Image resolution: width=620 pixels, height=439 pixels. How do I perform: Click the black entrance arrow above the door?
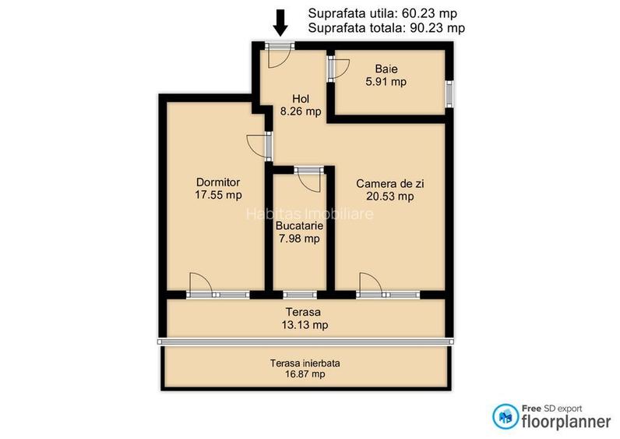[280, 22]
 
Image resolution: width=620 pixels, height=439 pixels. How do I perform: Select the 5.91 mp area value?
[386, 81]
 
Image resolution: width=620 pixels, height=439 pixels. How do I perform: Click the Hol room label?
[301, 98]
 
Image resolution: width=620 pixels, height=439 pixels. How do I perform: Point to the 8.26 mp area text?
[301, 112]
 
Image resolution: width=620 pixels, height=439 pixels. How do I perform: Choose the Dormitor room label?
[218, 182]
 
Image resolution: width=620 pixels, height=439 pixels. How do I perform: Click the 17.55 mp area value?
[218, 196]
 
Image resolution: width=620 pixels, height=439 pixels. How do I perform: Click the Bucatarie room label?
[299, 225]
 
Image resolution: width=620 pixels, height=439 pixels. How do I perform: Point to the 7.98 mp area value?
[299, 239]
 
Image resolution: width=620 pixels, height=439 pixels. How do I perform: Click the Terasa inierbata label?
[305, 363]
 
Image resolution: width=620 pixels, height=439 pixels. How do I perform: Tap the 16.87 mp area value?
[305, 374]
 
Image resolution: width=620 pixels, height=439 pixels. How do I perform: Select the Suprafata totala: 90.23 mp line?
[387, 28]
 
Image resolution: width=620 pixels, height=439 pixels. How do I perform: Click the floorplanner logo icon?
[503, 416]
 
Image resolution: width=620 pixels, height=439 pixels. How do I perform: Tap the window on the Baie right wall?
[449, 93]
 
